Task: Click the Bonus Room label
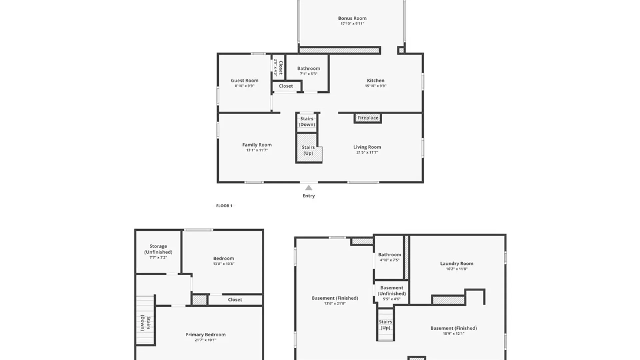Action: [352, 18]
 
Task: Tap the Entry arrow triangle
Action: [309, 188]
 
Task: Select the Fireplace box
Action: [368, 118]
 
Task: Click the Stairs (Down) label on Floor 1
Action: [307, 122]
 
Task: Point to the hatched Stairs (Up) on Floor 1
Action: [308, 150]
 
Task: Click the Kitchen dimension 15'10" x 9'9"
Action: [376, 86]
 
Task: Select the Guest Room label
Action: [244, 80]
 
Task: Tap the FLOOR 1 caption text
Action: [224, 206]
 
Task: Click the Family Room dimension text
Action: [257, 150]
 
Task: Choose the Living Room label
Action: [367, 147]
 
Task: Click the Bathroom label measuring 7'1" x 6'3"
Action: [308, 68]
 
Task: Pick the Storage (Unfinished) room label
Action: [158, 249]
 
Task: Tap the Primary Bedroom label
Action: [205, 334]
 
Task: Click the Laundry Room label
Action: [456, 263]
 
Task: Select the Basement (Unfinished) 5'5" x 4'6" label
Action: [391, 291]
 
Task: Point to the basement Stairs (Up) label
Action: [385, 325]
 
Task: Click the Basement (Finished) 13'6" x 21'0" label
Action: [335, 298]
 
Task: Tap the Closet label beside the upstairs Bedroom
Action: [235, 300]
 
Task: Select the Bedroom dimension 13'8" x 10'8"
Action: [224, 264]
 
